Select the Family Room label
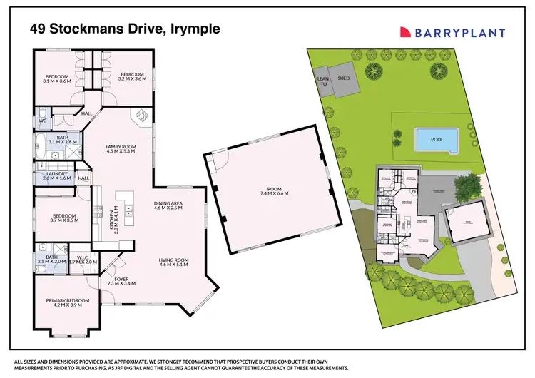(121, 148)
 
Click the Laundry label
(56, 176)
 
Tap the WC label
(42, 121)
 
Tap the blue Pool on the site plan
(437, 140)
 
